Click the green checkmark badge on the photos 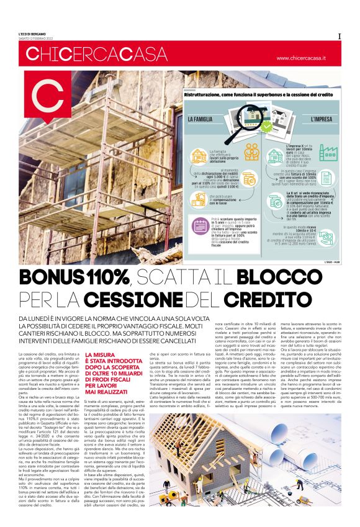click(267, 125)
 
